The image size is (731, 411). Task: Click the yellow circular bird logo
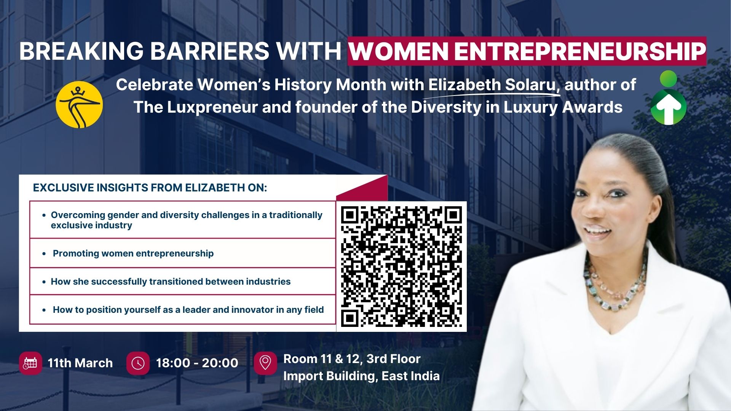[79, 105]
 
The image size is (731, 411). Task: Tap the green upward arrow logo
[669, 98]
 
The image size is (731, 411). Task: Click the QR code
[401, 266]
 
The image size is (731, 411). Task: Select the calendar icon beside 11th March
[30, 363]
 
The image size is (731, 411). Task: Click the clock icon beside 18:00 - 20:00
[138, 363]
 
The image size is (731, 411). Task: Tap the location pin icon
[265, 363]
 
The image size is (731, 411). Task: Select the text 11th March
[80, 363]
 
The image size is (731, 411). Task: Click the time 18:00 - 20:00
[197, 363]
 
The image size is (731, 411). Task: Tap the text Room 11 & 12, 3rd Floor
[352, 359]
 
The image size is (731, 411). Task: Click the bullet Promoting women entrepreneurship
[133, 253]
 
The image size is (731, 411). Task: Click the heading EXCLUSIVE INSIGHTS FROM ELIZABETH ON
[150, 188]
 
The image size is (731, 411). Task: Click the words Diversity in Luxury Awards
[517, 107]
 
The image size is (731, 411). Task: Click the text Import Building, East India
[361, 376]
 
